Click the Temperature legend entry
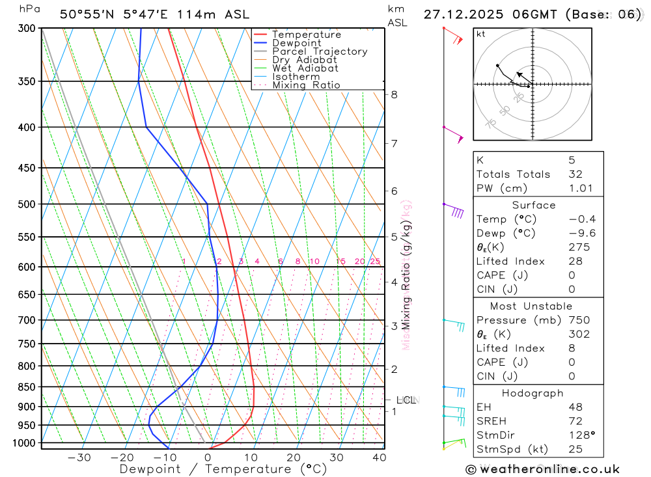[306, 34]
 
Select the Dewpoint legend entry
[296, 43]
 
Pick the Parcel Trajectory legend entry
[319, 51]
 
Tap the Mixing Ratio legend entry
[306, 85]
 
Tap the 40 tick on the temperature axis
[379, 457]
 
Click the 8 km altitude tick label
[394, 94]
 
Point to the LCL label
[406, 400]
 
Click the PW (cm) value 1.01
[581, 189]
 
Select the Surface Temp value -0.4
[582, 219]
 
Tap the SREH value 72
[575, 421]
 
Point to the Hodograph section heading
[533, 393]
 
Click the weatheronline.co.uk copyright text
[543, 469]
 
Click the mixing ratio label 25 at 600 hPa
[375, 262]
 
